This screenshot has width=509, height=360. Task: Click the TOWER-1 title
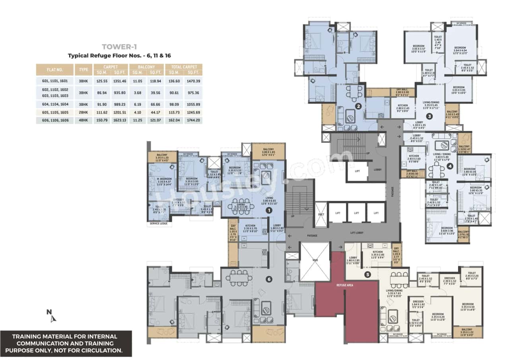pyautogui.click(x=117, y=47)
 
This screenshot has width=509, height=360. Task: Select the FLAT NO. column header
pyautogui.click(x=54, y=70)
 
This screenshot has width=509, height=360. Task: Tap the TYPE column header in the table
pyautogui.click(x=84, y=70)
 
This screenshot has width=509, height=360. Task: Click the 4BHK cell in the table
pyautogui.click(x=84, y=120)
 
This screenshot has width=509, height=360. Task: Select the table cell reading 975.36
pyautogui.click(x=193, y=92)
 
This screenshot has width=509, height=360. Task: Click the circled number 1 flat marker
pyautogui.click(x=269, y=210)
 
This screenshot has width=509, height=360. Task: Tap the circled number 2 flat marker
pyautogui.click(x=358, y=106)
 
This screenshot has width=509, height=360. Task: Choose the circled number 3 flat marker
pyautogui.click(x=429, y=117)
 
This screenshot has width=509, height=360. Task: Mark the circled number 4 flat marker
pyautogui.click(x=450, y=167)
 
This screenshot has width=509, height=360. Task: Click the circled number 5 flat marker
pyautogui.click(x=368, y=274)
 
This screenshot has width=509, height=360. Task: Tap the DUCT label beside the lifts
pyautogui.click(x=321, y=213)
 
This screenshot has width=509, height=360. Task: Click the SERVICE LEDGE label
pyautogui.click(x=158, y=224)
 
